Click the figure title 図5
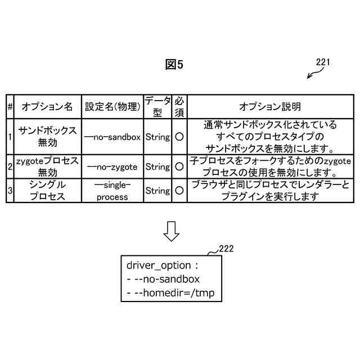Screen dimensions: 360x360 point(174,65)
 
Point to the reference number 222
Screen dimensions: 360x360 point(227,247)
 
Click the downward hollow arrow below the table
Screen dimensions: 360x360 point(170,231)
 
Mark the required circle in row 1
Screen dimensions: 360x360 point(179,136)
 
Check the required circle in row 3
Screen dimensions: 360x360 point(179,191)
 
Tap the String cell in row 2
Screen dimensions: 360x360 point(157,166)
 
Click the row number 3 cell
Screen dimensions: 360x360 point(10,191)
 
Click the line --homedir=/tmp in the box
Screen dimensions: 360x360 point(171,292)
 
